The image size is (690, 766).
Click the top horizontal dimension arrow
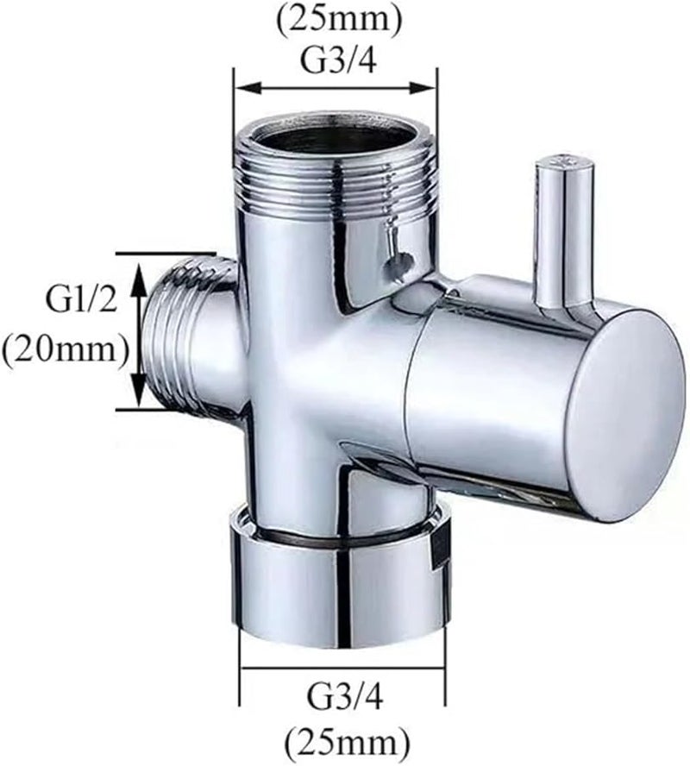[336, 87]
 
